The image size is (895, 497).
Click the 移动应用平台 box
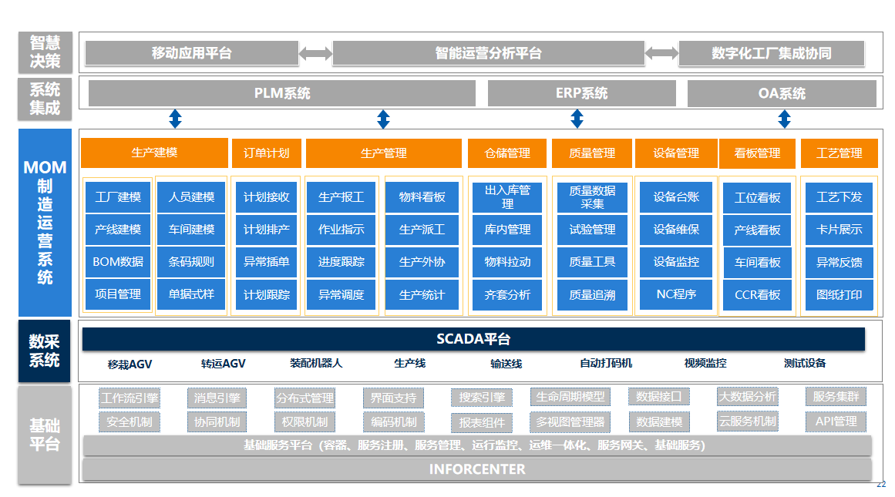pos(191,53)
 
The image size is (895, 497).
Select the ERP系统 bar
pos(581,93)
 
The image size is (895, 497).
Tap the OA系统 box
pos(782,93)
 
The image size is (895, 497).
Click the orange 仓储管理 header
pos(507,153)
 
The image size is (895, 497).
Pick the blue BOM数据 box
pos(118,262)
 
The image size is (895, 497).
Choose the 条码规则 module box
pos(191,262)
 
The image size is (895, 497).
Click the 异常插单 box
pos(267,262)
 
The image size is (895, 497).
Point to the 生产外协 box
pos(422,262)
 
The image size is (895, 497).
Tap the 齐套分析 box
pos(507,294)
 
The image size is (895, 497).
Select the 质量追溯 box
pos(592,294)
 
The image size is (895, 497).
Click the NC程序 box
pos(676,294)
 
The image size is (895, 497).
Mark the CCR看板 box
pos(757,294)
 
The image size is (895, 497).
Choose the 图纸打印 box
pos(839,294)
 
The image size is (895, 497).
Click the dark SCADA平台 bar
pos(473,339)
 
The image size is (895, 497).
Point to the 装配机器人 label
pos(316,363)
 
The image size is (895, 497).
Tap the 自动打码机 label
pos(606,363)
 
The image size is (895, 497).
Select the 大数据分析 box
pos(747,397)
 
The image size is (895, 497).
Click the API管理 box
pos(836,421)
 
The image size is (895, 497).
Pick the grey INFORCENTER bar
pos(477,469)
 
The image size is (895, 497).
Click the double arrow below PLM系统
pos(175,119)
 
